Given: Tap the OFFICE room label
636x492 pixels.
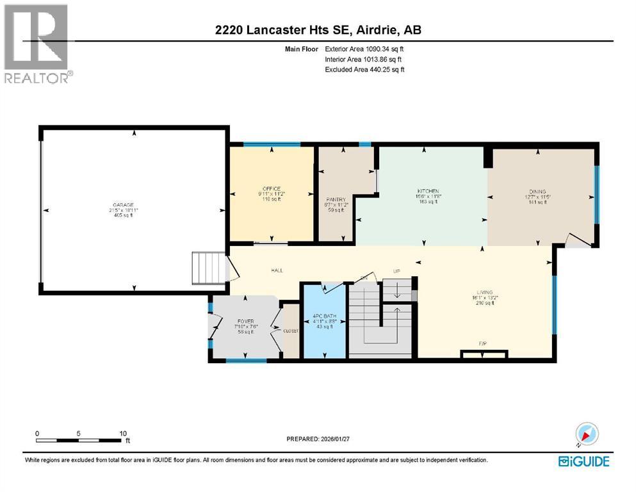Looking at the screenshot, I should pyautogui.click(x=272, y=188).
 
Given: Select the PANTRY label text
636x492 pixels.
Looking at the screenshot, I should pyautogui.click(x=336, y=200).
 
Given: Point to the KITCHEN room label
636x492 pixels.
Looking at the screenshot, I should pyautogui.click(x=428, y=192).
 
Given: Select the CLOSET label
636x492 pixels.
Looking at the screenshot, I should pyautogui.click(x=291, y=331).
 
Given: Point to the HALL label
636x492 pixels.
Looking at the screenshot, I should pyautogui.click(x=277, y=271).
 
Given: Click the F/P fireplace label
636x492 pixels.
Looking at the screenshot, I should pyautogui.click(x=483, y=343).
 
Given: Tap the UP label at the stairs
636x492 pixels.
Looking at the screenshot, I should pyautogui.click(x=396, y=271).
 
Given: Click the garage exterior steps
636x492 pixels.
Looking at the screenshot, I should pyautogui.click(x=209, y=268).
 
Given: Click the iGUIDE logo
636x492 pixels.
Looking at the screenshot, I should pyautogui.click(x=583, y=461).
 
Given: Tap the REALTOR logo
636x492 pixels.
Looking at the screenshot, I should pyautogui.click(x=37, y=44).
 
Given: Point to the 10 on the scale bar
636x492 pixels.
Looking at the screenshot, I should pyautogui.click(x=123, y=433).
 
